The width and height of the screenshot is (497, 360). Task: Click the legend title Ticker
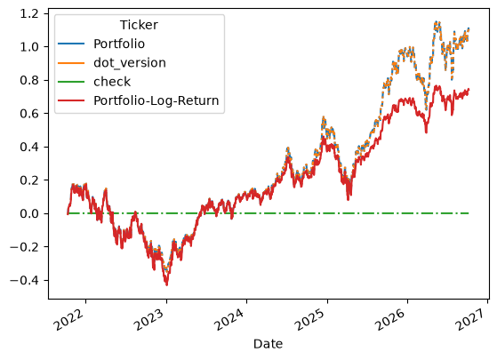pyautogui.click(x=139, y=25)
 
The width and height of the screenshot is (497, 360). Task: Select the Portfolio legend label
pyautogui.click(x=119, y=44)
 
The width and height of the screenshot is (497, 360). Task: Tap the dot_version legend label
pyautogui.click(x=130, y=63)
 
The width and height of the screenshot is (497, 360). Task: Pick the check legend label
pyautogui.click(x=112, y=82)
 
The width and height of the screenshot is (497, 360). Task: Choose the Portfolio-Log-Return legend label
pyautogui.click(x=156, y=100)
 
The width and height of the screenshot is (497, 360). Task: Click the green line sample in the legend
pyautogui.click(x=71, y=82)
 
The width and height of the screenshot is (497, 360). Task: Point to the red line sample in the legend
pyautogui.click(x=71, y=100)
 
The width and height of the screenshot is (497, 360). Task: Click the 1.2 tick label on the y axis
pyautogui.click(x=29, y=13)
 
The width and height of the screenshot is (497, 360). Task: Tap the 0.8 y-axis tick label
pyautogui.click(x=29, y=80)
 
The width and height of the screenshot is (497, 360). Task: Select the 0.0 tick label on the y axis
pyautogui.click(x=29, y=213)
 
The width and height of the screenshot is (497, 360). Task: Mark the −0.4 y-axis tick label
pyautogui.click(x=24, y=280)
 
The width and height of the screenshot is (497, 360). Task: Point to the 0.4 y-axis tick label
pyautogui.click(x=29, y=147)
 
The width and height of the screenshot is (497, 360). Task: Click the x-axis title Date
pyautogui.click(x=268, y=344)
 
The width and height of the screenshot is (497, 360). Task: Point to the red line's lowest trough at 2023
pyautogui.click(x=167, y=285)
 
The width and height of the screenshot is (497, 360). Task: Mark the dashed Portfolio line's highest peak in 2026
pyautogui.click(x=437, y=22)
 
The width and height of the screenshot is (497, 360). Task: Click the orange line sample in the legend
pyautogui.click(x=71, y=63)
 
